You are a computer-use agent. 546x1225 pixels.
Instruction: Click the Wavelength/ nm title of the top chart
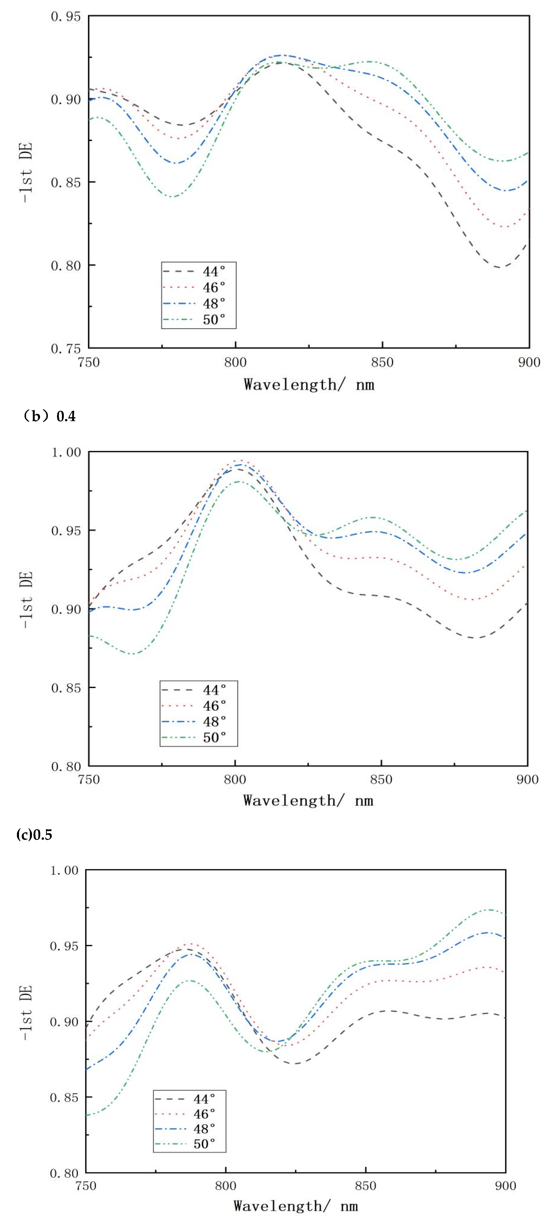(309, 384)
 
